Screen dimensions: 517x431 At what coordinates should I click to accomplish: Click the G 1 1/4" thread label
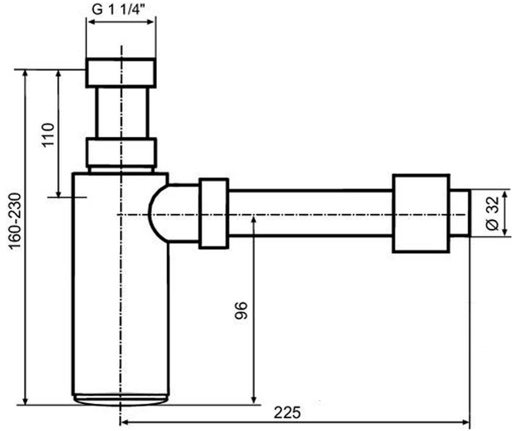pyautogui.click(x=118, y=10)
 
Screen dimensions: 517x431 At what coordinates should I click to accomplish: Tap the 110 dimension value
pyautogui.click(x=48, y=135)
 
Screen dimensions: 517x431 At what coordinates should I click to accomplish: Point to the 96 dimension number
pyautogui.click(x=241, y=311)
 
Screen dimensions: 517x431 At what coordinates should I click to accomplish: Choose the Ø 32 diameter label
pyautogui.click(x=492, y=213)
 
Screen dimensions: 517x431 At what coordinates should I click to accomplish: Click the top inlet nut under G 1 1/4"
pyautogui.click(x=121, y=73)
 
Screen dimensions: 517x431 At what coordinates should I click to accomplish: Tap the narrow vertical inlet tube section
pyautogui.click(x=122, y=112)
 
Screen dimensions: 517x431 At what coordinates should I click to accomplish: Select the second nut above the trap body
pyautogui.click(x=121, y=153)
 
